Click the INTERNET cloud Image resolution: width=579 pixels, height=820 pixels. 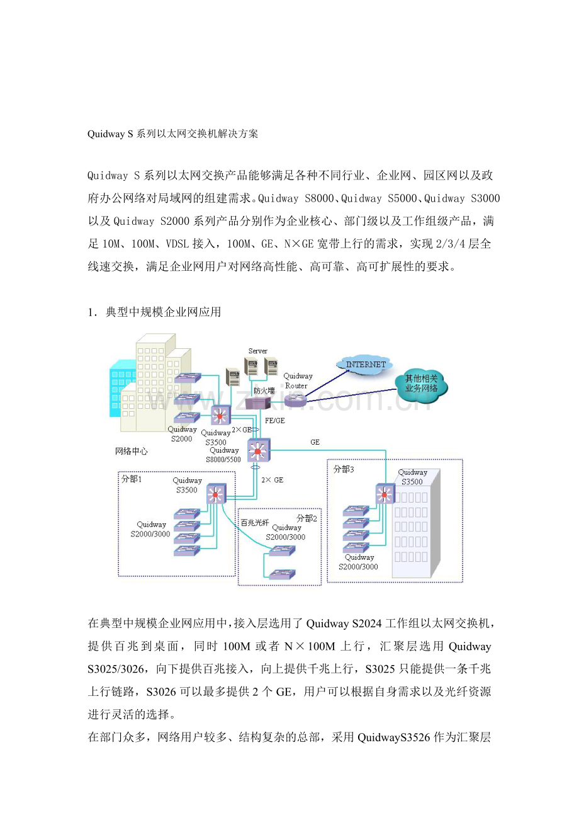[365, 364]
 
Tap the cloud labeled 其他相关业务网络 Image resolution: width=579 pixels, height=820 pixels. [421, 384]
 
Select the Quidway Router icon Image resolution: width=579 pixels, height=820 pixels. [295, 399]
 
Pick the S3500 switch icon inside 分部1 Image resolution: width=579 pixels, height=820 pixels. [215, 494]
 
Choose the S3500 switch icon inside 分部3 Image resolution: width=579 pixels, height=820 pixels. [384, 494]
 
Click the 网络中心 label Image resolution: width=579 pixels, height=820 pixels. [132, 452]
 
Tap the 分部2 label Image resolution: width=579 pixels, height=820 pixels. [305, 518]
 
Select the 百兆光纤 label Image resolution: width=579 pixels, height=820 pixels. [255, 522]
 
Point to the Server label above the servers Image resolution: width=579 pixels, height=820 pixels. [257, 351]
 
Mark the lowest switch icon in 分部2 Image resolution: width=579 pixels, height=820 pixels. [281, 574]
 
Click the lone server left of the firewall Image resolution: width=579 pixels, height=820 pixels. [233, 377]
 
